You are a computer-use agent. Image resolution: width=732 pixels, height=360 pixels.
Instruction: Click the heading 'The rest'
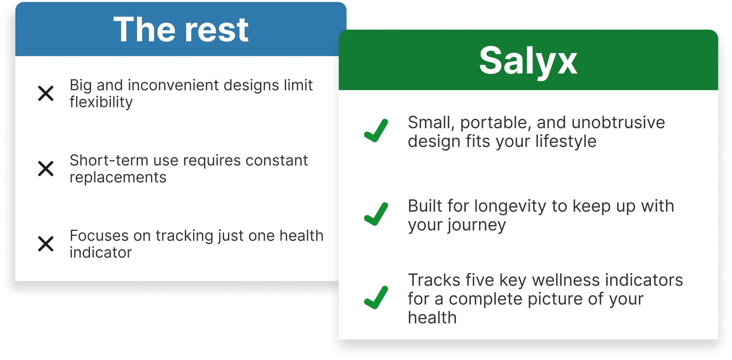click(x=181, y=30)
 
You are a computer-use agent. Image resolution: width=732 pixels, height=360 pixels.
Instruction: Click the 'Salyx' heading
click(x=528, y=60)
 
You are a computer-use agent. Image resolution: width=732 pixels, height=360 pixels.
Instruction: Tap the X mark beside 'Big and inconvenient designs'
click(x=46, y=93)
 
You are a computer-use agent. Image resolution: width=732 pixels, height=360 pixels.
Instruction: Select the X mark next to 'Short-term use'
click(x=46, y=168)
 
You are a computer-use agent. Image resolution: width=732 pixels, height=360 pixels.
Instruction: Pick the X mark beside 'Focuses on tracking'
click(x=46, y=244)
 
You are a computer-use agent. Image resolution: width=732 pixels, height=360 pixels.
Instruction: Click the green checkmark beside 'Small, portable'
click(x=376, y=131)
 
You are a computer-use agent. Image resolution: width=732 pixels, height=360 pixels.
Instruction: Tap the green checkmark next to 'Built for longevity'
click(x=376, y=214)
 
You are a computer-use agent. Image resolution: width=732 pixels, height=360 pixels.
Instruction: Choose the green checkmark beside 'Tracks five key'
click(x=376, y=298)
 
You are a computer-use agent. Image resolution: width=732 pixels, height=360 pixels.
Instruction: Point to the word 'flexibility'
click(x=101, y=102)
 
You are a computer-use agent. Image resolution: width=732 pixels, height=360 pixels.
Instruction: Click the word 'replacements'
click(x=118, y=177)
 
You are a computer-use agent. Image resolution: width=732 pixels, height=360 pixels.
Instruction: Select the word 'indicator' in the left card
click(x=101, y=253)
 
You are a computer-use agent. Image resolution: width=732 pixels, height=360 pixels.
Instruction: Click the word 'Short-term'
click(x=109, y=160)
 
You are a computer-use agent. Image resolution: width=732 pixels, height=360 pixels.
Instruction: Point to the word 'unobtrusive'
click(x=618, y=123)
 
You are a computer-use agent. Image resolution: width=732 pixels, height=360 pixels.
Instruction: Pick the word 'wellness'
click(x=566, y=280)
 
